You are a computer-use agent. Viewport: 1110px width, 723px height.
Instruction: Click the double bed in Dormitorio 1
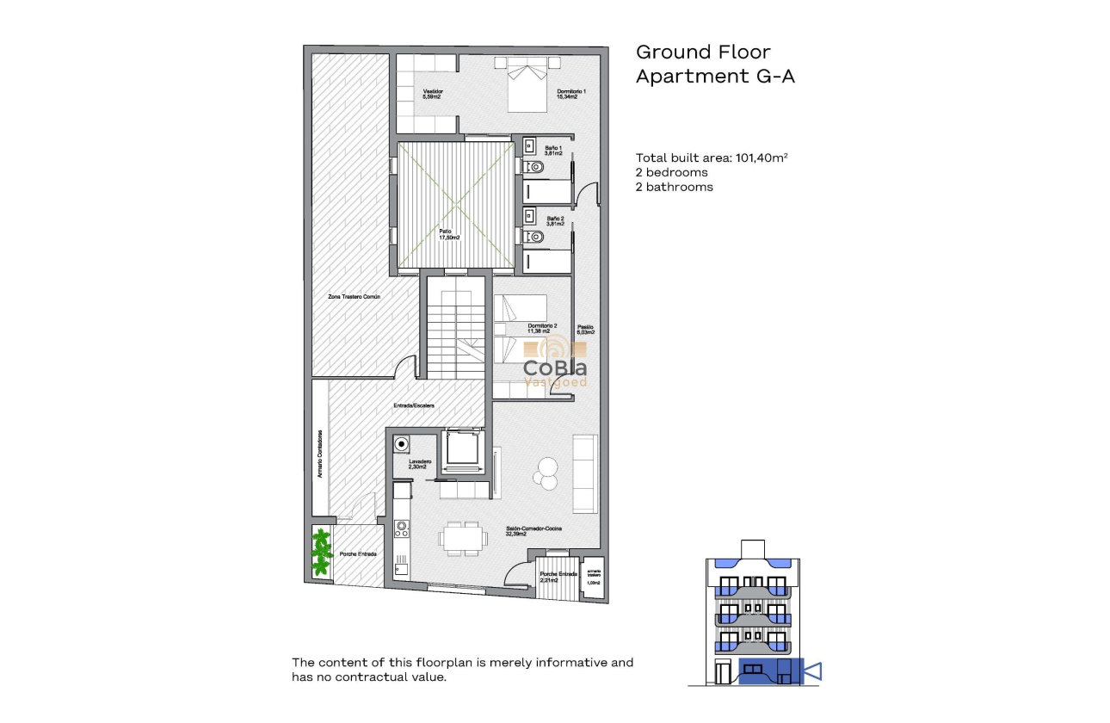coord(527,83)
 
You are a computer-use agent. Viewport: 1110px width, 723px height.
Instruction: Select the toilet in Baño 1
coord(533,166)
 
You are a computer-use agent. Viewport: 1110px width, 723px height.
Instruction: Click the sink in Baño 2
coord(530,215)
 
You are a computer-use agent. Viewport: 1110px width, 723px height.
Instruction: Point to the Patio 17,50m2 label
coord(448,234)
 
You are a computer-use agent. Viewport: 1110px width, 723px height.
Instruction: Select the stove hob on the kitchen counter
coord(401,528)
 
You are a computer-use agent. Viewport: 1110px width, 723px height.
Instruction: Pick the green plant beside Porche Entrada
coord(322,553)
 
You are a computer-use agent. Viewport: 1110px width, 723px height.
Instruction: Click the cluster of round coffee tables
coord(546,471)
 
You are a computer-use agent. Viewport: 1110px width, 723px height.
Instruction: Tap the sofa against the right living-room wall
coord(585,473)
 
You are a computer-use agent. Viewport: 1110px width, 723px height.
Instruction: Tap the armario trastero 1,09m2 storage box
coord(594,577)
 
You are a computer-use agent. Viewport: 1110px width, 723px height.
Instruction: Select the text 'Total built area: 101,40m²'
coord(712,158)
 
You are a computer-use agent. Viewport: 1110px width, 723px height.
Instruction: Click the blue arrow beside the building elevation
coord(812,670)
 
